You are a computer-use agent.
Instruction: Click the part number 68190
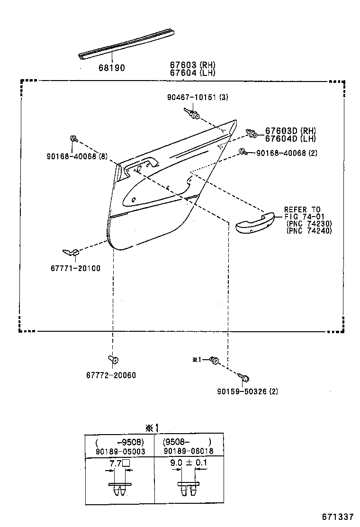pos(111,68)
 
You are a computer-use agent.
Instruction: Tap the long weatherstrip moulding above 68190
pos(126,45)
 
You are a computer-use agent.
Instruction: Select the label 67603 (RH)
pos(192,64)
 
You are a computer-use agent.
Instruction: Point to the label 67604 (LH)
pos(192,72)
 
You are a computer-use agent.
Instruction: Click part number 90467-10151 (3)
pos(198,97)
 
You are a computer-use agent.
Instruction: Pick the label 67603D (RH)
pos(290,130)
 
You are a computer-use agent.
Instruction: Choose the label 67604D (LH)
pos(290,138)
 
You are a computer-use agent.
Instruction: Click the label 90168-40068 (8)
pos(77,156)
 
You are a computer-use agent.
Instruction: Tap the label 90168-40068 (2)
pos(287,153)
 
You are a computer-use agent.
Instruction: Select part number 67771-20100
pos(76,268)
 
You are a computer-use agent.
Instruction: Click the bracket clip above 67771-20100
pos(71,252)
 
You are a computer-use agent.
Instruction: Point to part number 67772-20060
pos(111,375)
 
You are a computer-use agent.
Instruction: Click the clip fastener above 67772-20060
pos(114,359)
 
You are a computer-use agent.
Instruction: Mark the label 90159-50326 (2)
pos(247,391)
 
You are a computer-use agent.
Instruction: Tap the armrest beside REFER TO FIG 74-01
pos(255,223)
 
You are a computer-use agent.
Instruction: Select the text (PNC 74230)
pos(309,224)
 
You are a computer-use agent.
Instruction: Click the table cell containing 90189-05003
pos(120,445)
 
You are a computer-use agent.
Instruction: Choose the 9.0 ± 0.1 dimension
pos(189,463)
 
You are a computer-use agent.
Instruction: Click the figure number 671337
pos(338,517)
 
